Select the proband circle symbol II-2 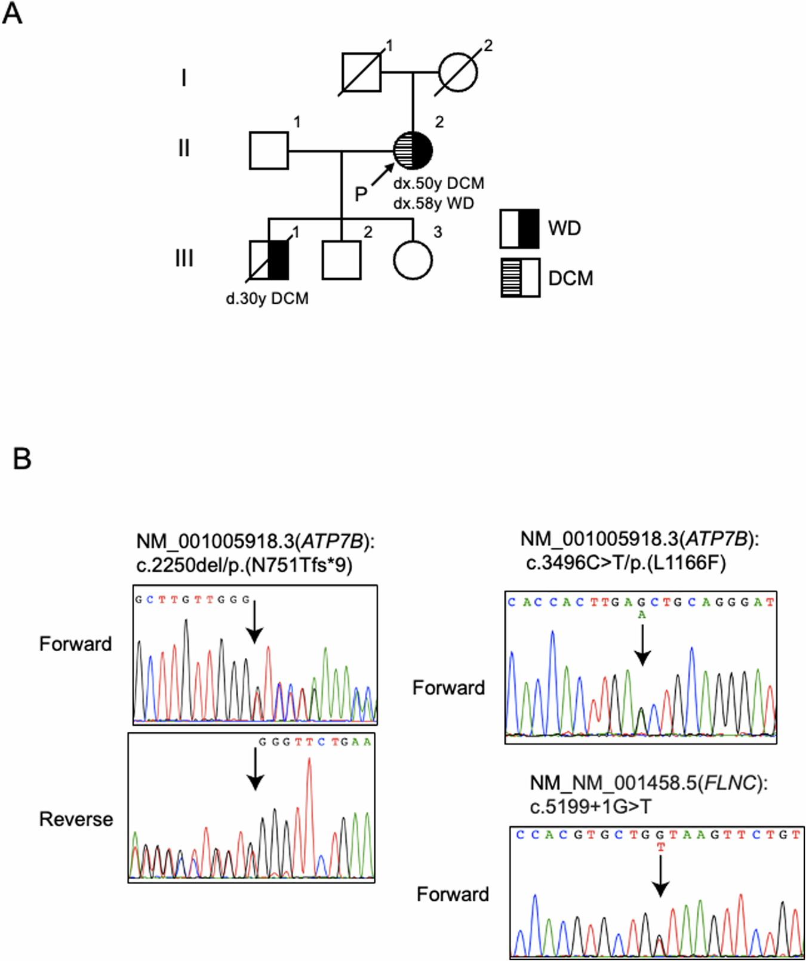(x=413, y=150)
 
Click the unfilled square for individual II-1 (x=269, y=150)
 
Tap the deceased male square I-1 (x=361, y=73)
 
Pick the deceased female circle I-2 (x=458, y=73)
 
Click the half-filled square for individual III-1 (x=269, y=260)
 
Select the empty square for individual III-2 (x=341, y=260)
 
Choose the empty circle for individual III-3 (x=413, y=260)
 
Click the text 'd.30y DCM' (x=267, y=298)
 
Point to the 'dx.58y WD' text (x=433, y=204)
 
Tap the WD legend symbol (x=519, y=228)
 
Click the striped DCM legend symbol (x=520, y=278)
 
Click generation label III (x=184, y=258)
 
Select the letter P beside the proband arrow (x=361, y=194)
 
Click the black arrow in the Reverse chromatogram (x=256, y=769)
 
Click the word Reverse (x=76, y=819)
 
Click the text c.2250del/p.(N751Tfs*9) (x=244, y=564)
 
